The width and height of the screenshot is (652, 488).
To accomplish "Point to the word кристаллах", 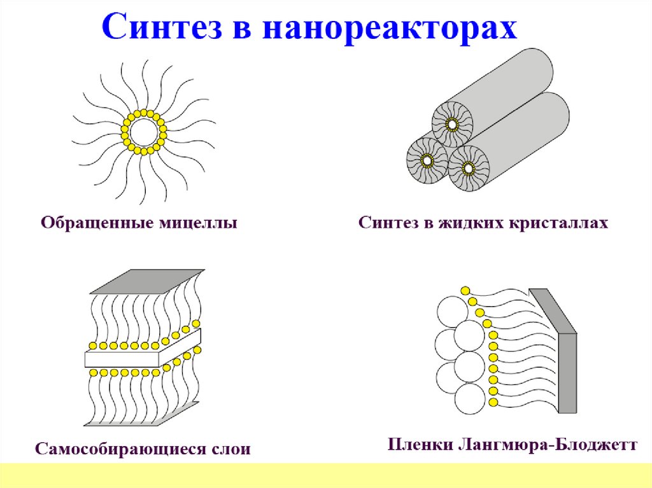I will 559,223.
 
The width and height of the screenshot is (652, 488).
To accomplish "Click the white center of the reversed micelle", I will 144,132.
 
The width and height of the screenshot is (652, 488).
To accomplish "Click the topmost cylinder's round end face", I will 451,123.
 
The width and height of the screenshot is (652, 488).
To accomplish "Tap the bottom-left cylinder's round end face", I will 425,158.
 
